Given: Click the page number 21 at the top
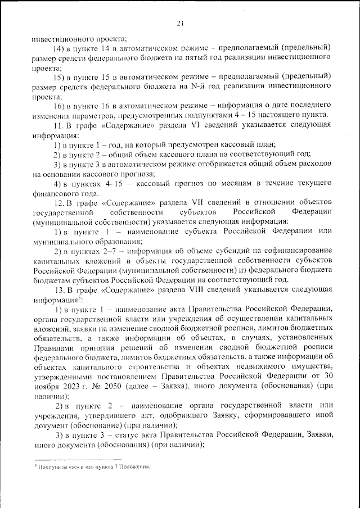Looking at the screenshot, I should click(180, 23).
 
